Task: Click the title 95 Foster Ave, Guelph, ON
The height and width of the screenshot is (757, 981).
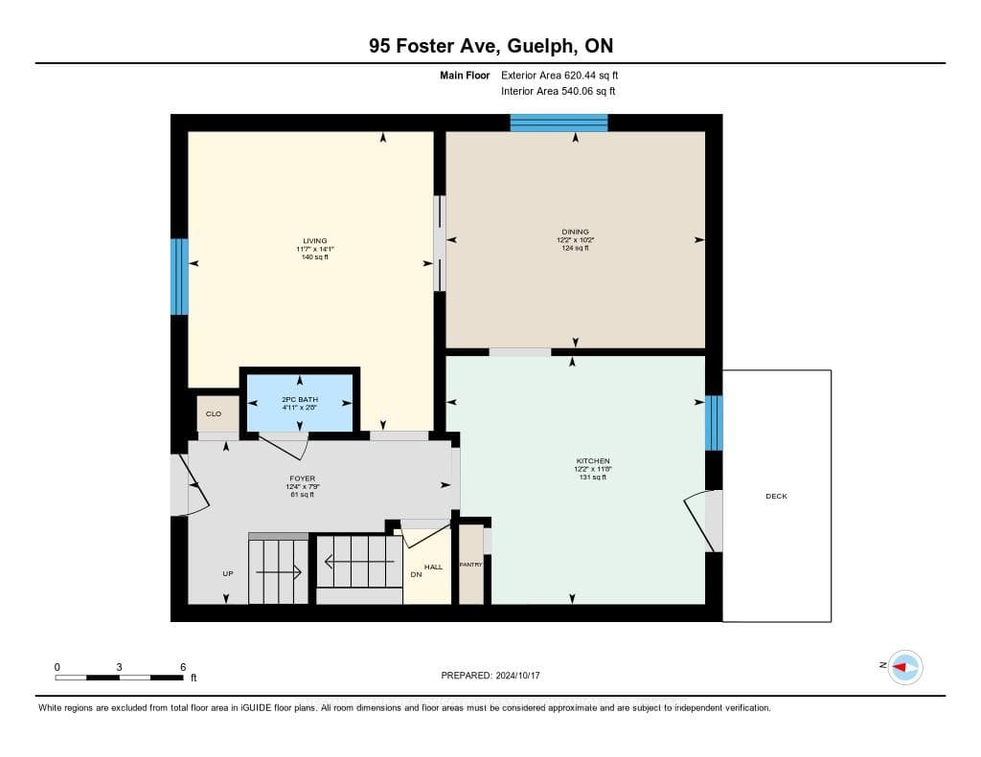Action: coord(490,46)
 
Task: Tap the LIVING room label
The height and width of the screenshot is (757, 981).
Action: coord(314,240)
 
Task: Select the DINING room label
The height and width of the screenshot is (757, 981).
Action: coord(575,232)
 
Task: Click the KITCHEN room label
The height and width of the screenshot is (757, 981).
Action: coord(592,460)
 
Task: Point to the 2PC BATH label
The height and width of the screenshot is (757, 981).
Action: coord(300,399)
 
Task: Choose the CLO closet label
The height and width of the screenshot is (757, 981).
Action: coord(214,413)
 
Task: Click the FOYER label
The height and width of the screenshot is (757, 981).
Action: coord(302,479)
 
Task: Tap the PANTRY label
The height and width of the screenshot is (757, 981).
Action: coord(470,565)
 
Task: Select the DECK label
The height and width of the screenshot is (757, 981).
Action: coord(776,497)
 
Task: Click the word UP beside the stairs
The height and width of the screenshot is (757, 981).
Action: coord(228,574)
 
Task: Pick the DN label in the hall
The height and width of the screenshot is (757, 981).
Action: coord(416,574)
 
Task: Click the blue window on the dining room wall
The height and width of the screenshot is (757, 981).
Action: coord(559,122)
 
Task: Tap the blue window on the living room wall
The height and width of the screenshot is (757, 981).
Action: coord(179,277)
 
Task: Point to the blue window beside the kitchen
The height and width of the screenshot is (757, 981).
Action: coord(714,423)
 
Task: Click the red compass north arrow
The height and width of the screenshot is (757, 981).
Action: coord(900,668)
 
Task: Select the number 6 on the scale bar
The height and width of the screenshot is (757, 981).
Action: coord(183,667)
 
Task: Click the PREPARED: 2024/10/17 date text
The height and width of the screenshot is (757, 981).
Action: coord(490,676)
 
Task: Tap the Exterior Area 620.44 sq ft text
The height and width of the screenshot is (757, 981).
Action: coord(559,75)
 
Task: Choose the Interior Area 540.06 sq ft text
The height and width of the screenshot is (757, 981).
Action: coord(559,91)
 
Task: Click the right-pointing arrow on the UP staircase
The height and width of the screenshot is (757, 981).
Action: coord(279,572)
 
